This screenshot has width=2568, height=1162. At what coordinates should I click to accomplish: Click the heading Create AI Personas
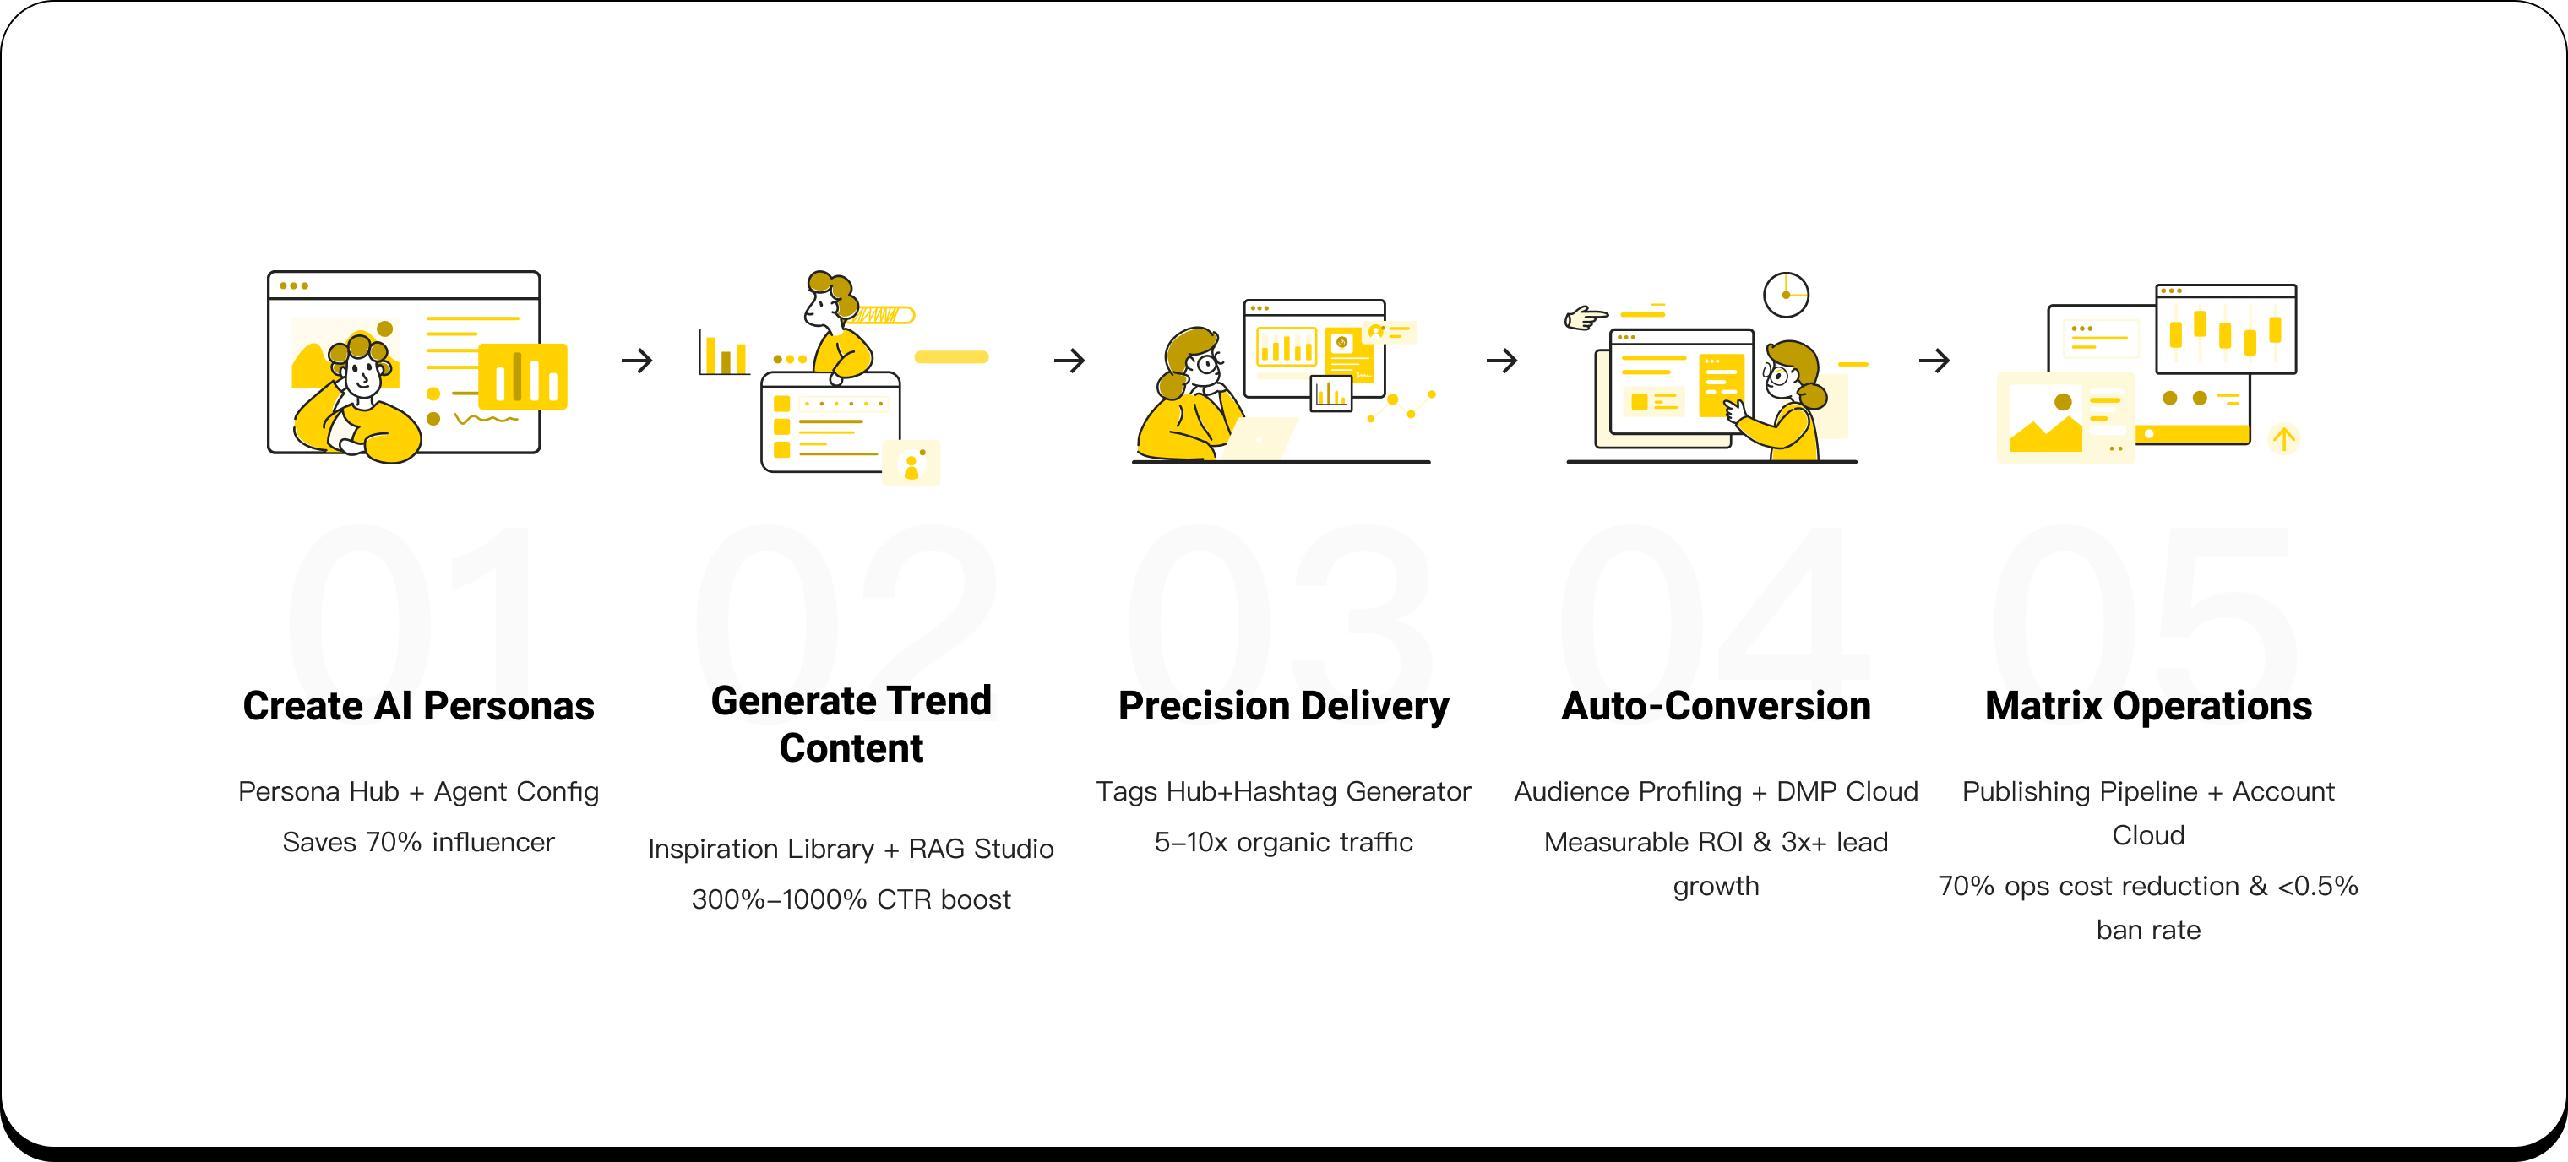419,707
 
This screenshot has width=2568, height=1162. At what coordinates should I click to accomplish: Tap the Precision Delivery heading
1284,707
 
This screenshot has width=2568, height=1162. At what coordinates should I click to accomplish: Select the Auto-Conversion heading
1716,707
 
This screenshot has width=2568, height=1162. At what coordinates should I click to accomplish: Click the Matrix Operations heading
2148,707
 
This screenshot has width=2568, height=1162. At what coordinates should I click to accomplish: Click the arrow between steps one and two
637,360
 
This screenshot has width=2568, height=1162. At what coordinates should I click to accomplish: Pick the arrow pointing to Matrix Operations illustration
1934,360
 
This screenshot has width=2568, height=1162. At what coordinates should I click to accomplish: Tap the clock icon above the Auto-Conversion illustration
1786,295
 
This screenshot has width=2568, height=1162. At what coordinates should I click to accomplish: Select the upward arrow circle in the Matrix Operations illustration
2282,438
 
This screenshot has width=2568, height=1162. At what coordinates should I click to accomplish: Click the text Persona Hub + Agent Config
419,791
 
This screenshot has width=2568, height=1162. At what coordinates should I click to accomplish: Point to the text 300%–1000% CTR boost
851,899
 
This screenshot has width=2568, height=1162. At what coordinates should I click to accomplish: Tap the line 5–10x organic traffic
1284,842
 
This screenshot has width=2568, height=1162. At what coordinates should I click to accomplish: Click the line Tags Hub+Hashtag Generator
1284,791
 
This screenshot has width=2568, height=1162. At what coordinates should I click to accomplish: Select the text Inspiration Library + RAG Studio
851,848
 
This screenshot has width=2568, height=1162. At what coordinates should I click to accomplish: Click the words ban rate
2148,930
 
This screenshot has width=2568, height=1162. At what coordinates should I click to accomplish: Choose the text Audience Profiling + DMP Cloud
1716,791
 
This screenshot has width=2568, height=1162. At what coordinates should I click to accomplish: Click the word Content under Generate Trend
851,748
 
